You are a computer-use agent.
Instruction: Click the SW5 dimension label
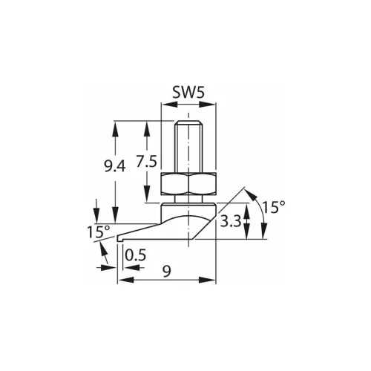(x=188, y=93)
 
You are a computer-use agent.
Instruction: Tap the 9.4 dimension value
(x=115, y=167)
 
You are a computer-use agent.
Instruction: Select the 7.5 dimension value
(x=147, y=162)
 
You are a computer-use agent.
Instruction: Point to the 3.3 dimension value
(x=231, y=221)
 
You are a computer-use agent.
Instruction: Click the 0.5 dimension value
(x=136, y=255)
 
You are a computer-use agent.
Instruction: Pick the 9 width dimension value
(x=167, y=272)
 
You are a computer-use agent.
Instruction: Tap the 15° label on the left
(x=99, y=232)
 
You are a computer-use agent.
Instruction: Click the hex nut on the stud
(x=188, y=184)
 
